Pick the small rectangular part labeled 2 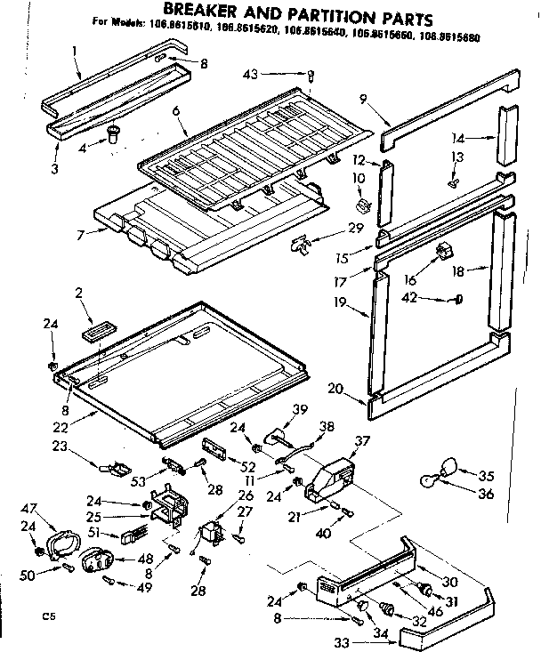94,332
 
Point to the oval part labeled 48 96,560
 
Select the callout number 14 483,138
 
